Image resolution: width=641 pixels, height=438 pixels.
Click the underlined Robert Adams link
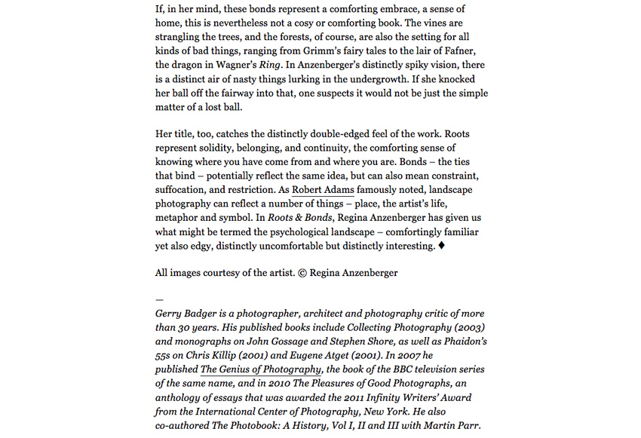pos(323,189)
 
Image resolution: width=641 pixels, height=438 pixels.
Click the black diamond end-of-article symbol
pos(441,246)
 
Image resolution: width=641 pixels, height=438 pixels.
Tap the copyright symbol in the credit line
pos(302,273)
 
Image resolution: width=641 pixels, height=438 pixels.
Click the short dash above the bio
pos(159,299)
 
